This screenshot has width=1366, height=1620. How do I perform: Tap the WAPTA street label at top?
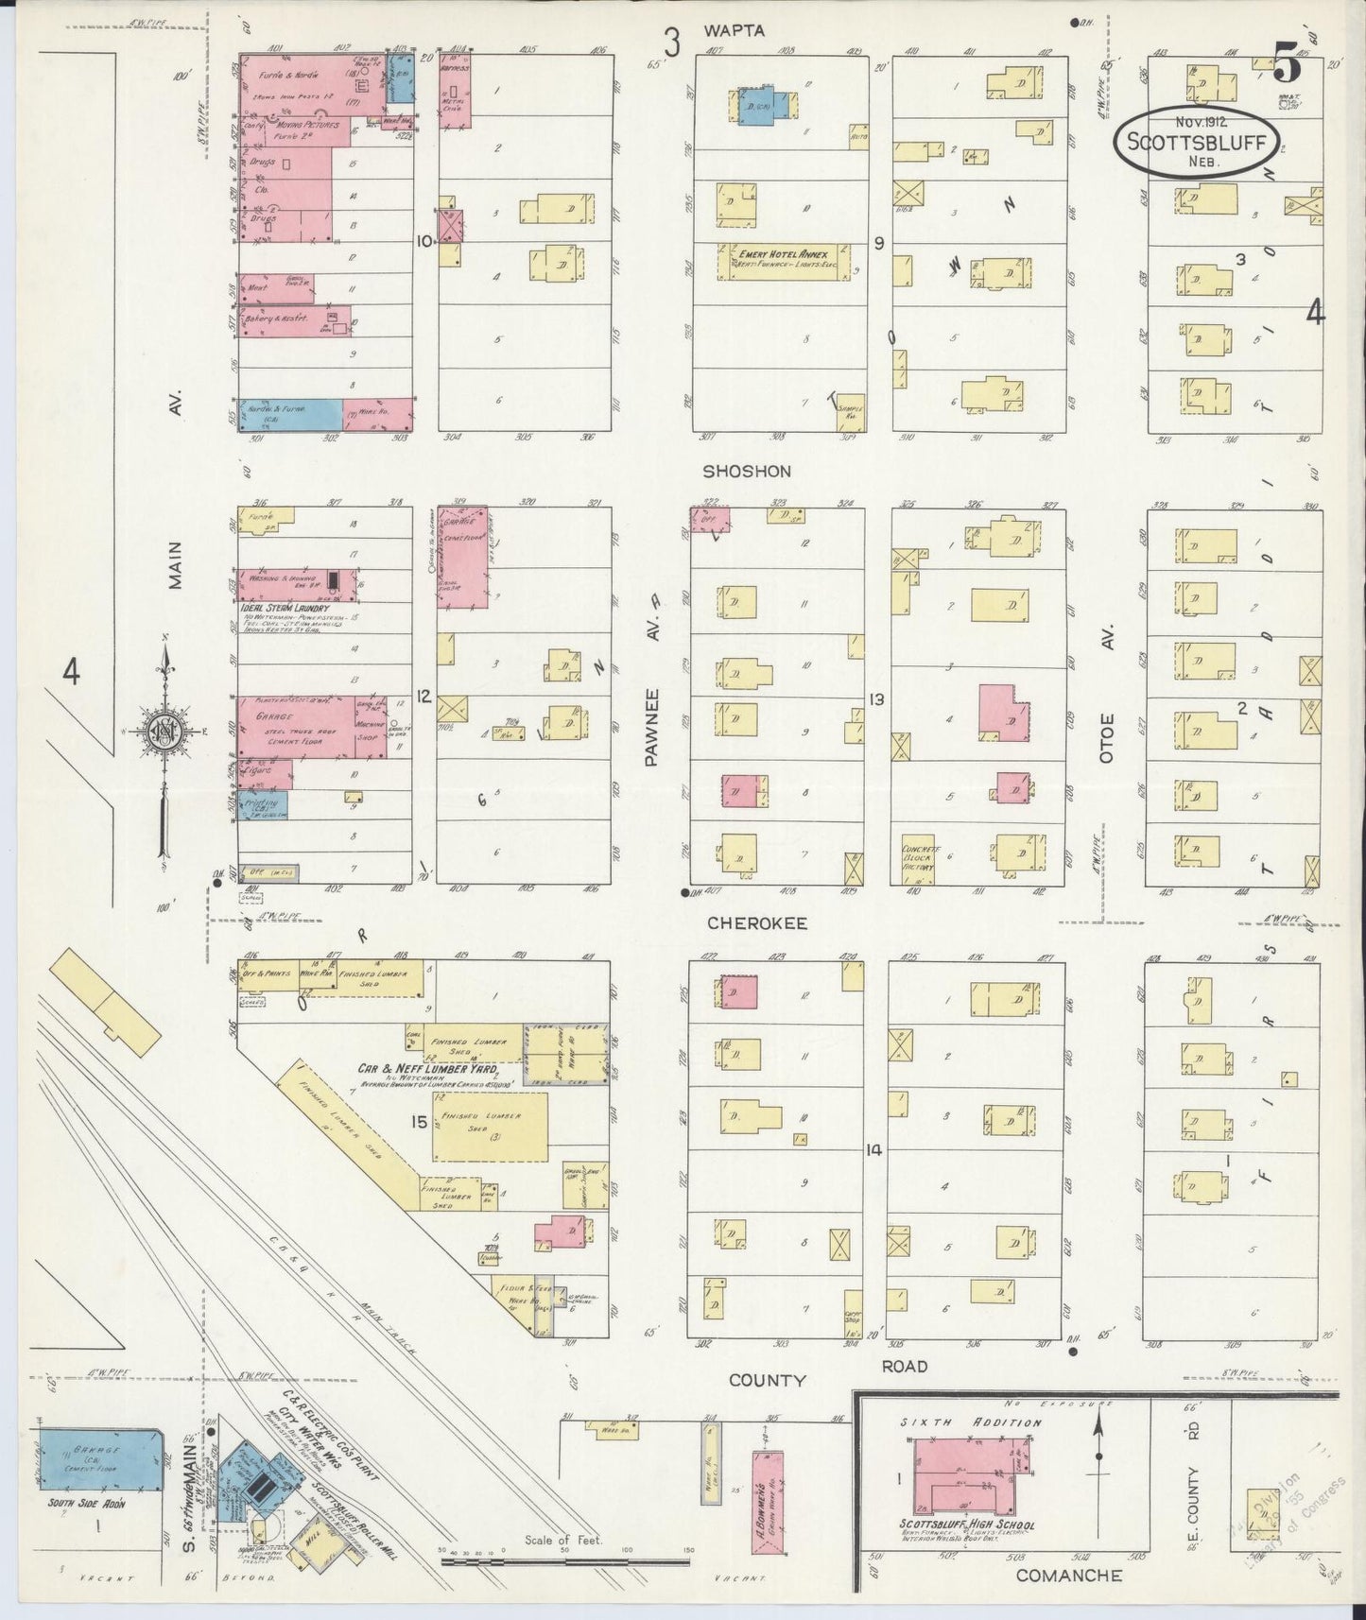tap(734, 31)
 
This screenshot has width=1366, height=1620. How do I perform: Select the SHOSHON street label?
tap(746, 471)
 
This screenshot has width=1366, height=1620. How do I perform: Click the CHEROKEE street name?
tap(756, 923)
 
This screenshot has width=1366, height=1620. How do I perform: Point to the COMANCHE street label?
tap(1069, 1576)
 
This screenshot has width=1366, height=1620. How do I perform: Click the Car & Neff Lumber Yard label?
tap(436, 1069)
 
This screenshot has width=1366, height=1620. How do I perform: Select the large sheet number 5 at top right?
tap(1287, 64)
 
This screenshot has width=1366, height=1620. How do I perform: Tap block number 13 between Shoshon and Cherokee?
tap(876, 699)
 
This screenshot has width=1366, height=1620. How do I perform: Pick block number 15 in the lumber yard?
tap(419, 1122)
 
